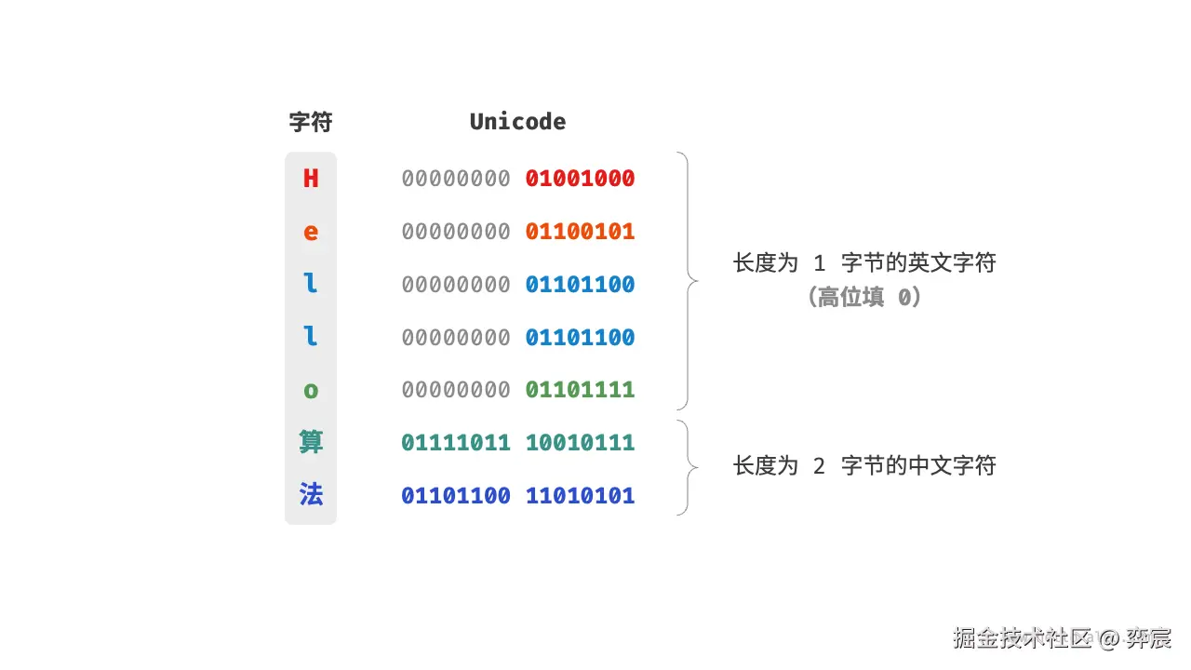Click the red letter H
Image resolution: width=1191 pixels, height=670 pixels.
tap(311, 179)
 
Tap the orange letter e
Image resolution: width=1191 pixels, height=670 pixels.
tap(311, 232)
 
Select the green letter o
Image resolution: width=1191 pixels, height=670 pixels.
tap(311, 390)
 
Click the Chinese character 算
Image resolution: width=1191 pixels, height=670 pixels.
tap(311, 442)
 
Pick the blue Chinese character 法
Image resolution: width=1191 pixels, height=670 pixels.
tap(311, 495)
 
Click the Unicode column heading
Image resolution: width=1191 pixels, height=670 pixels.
tap(517, 122)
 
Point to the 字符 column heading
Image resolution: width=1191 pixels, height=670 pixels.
tap(311, 122)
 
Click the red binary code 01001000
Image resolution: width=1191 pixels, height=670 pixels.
tap(580, 179)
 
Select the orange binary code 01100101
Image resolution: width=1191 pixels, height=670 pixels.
tap(580, 232)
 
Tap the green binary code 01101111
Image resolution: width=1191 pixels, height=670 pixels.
tap(580, 390)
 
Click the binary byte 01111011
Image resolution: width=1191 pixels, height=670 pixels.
tap(456, 443)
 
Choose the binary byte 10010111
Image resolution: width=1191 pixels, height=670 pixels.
tap(580, 443)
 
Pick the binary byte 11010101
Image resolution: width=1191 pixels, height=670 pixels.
tap(580, 496)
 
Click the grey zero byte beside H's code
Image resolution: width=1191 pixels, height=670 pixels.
tap(456, 179)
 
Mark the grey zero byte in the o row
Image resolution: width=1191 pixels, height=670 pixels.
tap(456, 390)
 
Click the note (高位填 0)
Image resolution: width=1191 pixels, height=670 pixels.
tap(864, 298)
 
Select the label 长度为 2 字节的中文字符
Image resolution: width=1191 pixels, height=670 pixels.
tap(864, 465)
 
